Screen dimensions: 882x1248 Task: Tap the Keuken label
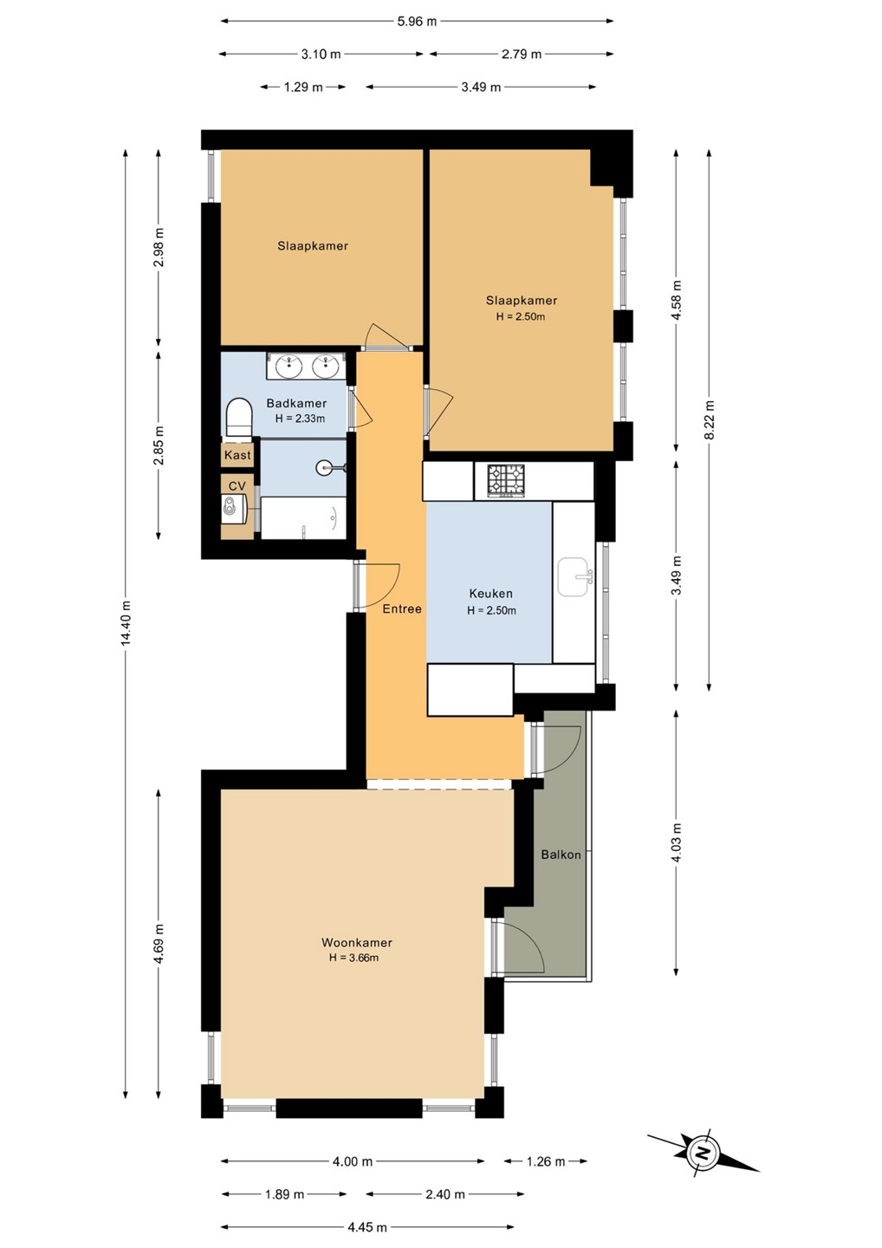click(490, 594)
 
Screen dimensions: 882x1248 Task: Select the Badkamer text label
click(296, 403)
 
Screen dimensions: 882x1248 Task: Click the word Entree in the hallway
click(402, 609)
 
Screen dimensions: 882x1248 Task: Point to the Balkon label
click(561, 855)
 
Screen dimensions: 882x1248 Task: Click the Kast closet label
click(237, 455)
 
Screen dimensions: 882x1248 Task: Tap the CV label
click(237, 486)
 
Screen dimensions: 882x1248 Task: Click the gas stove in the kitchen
click(506, 480)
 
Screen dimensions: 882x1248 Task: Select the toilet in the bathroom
click(239, 417)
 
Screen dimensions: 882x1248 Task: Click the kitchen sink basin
click(574, 577)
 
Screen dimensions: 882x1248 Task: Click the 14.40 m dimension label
click(126, 623)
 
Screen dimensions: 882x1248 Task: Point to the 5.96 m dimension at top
click(417, 22)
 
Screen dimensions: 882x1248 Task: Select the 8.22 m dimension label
click(709, 420)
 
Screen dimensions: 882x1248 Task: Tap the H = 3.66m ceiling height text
click(353, 958)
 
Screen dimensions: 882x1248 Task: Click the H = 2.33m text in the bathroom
click(300, 419)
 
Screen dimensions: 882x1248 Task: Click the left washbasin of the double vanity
click(289, 366)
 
